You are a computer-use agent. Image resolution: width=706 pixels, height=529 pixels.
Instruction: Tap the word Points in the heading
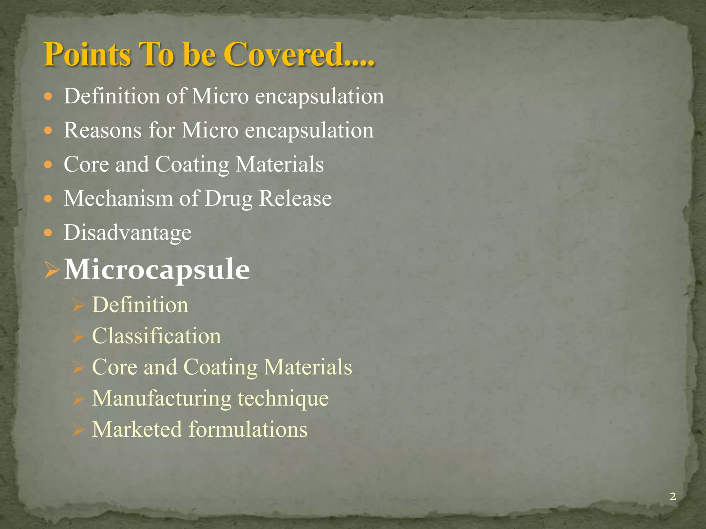click(87, 54)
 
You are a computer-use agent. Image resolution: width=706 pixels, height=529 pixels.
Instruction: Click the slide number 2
click(672, 496)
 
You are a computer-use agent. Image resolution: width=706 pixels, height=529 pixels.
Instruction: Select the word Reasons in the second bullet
click(103, 130)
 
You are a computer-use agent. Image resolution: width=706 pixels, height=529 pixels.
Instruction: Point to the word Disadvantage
click(128, 232)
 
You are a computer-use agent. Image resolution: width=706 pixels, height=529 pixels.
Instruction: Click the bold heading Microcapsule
click(157, 269)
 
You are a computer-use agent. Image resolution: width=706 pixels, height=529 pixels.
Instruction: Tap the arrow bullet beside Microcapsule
click(52, 270)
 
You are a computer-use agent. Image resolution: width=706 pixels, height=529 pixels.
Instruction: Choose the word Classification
click(156, 336)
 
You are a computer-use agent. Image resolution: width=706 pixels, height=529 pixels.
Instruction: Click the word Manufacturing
click(162, 398)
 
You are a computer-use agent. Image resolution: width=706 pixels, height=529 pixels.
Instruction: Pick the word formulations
click(248, 429)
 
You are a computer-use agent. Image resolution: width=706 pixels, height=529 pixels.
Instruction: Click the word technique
click(283, 398)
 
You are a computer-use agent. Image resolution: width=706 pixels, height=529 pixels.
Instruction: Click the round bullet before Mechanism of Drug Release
click(48, 199)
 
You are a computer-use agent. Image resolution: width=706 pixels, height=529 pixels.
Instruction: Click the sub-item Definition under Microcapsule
click(140, 305)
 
